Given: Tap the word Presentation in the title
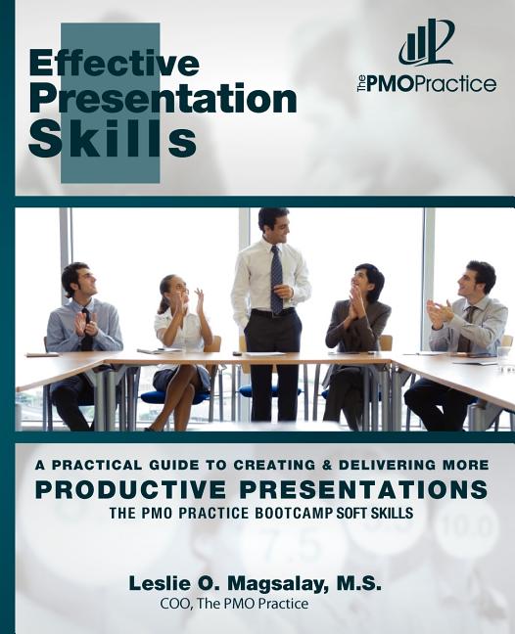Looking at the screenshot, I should tap(163, 99).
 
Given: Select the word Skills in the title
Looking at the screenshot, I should tap(113, 138).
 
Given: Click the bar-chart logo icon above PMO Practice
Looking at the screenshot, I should tap(426, 44).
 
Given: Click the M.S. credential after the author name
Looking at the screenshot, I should tap(359, 583).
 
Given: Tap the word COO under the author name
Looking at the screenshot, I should tap(175, 605).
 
